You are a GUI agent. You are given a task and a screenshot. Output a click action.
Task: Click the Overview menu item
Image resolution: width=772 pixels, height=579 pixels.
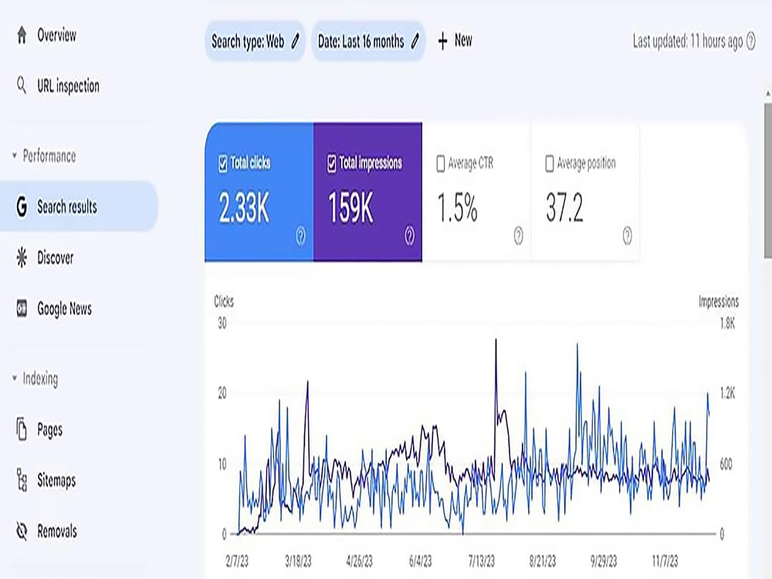[46, 36]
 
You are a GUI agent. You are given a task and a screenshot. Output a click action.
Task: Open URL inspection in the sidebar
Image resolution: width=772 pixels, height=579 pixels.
[58, 86]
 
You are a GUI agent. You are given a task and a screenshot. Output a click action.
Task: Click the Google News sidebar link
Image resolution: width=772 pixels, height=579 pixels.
[54, 309]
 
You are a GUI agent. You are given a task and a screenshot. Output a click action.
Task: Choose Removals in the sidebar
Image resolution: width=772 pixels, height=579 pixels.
[46, 531]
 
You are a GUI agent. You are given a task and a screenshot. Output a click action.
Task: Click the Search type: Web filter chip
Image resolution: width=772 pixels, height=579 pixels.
[255, 42]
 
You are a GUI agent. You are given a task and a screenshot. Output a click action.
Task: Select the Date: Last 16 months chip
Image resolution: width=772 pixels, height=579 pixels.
[368, 42]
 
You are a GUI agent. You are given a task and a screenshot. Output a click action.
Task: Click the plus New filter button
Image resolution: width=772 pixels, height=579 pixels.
[455, 40]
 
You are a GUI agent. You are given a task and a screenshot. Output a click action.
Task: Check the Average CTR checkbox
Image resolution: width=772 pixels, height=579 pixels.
[441, 164]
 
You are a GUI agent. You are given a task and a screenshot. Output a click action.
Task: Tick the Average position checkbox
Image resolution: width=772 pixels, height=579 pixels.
[550, 164]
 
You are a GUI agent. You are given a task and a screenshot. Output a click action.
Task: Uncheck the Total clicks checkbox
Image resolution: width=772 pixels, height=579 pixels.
[222, 163]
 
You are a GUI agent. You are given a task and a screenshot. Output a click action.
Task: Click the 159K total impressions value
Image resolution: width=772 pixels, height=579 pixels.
[350, 207]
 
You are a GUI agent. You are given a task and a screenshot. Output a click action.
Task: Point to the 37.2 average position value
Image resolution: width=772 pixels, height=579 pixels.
[564, 207]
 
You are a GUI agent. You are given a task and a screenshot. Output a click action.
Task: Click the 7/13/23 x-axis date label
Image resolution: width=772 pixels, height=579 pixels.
[481, 560]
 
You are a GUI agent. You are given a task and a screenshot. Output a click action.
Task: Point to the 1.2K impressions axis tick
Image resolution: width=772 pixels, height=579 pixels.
[726, 393]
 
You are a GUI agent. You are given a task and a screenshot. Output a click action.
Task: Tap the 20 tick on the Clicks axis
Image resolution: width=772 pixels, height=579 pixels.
[222, 393]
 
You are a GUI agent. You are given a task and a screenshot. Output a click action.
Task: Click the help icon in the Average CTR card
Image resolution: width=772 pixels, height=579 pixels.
[519, 235]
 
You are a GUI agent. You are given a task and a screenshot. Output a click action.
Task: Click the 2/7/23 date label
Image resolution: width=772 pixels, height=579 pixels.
[237, 560]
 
